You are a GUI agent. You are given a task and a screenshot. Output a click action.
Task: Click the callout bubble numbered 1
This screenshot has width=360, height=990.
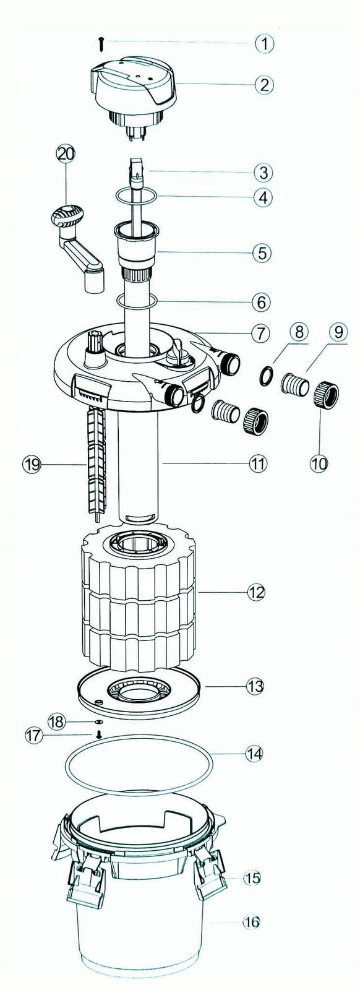pyautogui.click(x=264, y=44)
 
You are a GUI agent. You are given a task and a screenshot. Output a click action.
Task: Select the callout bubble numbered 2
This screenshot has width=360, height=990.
pyautogui.click(x=264, y=84)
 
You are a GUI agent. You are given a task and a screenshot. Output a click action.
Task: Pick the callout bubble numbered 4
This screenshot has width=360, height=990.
pyautogui.click(x=264, y=197)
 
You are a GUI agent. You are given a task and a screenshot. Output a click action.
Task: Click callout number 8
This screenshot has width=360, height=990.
pyautogui.click(x=299, y=332)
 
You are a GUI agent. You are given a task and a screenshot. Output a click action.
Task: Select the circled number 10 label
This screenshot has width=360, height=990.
pyautogui.click(x=319, y=463)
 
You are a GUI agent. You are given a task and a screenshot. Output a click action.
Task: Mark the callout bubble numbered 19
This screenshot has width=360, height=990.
pyautogui.click(x=32, y=464)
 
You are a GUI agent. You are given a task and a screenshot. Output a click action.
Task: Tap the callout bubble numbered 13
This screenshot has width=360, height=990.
pyautogui.click(x=255, y=686)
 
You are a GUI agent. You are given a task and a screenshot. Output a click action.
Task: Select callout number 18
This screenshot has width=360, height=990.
pyautogui.click(x=58, y=721)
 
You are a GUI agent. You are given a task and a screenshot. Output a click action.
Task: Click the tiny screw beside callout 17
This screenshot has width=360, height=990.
pyautogui.click(x=98, y=734)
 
